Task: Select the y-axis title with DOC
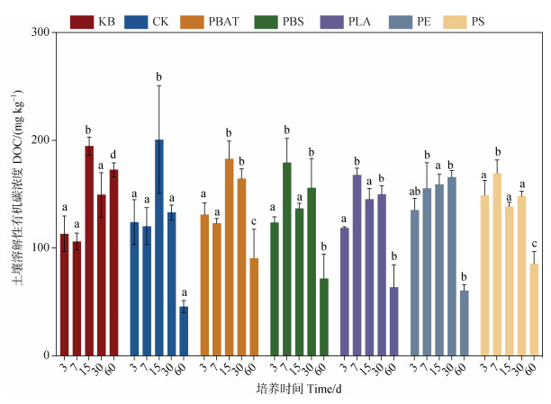click(x=16, y=193)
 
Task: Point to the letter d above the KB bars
click(x=113, y=153)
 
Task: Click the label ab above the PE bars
click(x=415, y=191)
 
